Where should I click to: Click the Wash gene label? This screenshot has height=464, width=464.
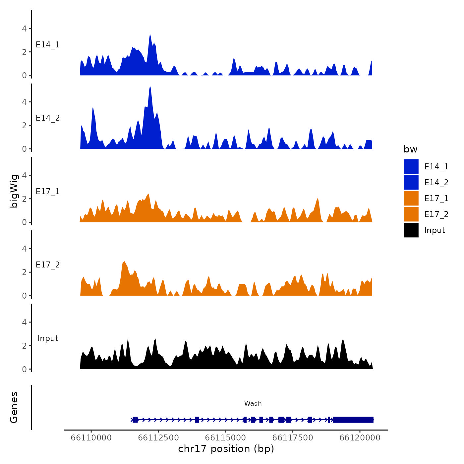pos(253,403)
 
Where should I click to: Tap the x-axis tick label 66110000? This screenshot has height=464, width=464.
pos(91,438)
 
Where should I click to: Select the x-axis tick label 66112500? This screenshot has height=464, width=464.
pos(158,438)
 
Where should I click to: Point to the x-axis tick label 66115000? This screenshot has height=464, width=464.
pos(225,438)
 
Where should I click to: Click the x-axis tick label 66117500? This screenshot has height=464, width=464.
pos(293,438)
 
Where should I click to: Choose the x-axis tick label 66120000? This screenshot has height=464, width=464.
pos(360,438)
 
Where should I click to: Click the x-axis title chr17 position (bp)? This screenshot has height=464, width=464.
pos(226,449)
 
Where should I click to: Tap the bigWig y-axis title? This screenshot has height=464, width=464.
pos(14,191)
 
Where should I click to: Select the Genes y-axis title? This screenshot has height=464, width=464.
pos(14,407)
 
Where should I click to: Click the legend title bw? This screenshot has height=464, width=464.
pos(410,149)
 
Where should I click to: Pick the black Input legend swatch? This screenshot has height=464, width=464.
pos(411,230)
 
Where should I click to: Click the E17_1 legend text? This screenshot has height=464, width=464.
pos(436,199)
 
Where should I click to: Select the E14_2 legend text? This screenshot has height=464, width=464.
pos(436,183)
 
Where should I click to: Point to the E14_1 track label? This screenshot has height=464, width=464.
pos(48,45)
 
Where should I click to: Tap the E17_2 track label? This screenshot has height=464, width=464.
pos(48,265)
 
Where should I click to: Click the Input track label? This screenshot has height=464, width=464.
pos(48,338)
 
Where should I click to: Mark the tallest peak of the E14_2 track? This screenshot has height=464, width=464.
pos(150,87)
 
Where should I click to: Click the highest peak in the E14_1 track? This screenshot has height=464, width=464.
pos(150,35)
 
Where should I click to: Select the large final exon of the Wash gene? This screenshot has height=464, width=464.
pos(353,420)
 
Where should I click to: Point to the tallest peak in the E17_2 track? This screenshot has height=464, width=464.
pos(124,262)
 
